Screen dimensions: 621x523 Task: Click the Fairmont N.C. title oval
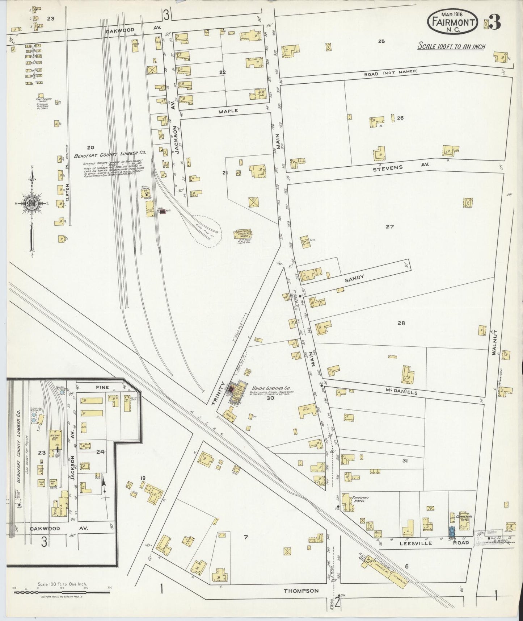[454, 22]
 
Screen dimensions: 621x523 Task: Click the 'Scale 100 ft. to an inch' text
[451, 46]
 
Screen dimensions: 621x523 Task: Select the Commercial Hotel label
[464, 518]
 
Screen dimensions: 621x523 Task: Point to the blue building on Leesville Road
[451, 532]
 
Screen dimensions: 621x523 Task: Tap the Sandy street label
[354, 278]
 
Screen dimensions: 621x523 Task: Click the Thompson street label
[301, 591]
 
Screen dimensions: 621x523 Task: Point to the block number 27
[389, 227]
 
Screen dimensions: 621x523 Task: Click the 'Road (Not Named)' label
[391, 73]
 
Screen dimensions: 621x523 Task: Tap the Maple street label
[228, 111]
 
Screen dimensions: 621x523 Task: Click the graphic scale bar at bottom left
[62, 592]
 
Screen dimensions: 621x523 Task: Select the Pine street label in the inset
[102, 387]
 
